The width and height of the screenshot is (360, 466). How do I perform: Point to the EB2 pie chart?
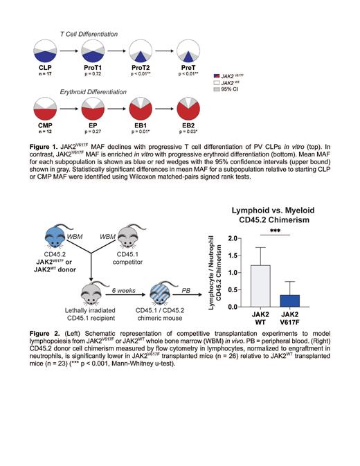click(x=188, y=108)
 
